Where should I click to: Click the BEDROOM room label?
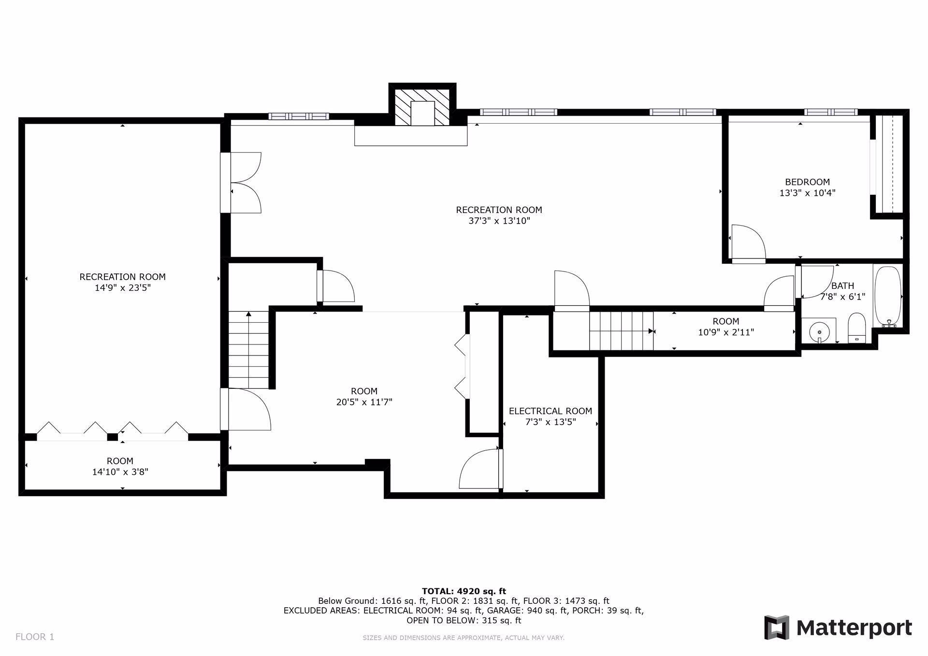click(807, 182)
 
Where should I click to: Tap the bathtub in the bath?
click(887, 295)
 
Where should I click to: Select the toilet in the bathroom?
click(856, 328)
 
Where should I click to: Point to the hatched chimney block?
click(423, 106)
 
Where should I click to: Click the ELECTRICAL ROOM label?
click(550, 411)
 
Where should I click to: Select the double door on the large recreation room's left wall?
click(246, 183)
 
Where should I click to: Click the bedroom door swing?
click(748, 243)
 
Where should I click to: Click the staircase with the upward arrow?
click(248, 350)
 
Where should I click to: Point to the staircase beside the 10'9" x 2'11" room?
click(621, 331)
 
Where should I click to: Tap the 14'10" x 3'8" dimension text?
click(120, 472)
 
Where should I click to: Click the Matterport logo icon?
click(776, 627)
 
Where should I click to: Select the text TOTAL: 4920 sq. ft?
click(464, 591)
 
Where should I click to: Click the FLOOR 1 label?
click(35, 637)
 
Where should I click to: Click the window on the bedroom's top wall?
click(830, 112)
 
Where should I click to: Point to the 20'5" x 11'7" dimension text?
click(364, 402)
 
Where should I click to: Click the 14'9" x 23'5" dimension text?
click(122, 288)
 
